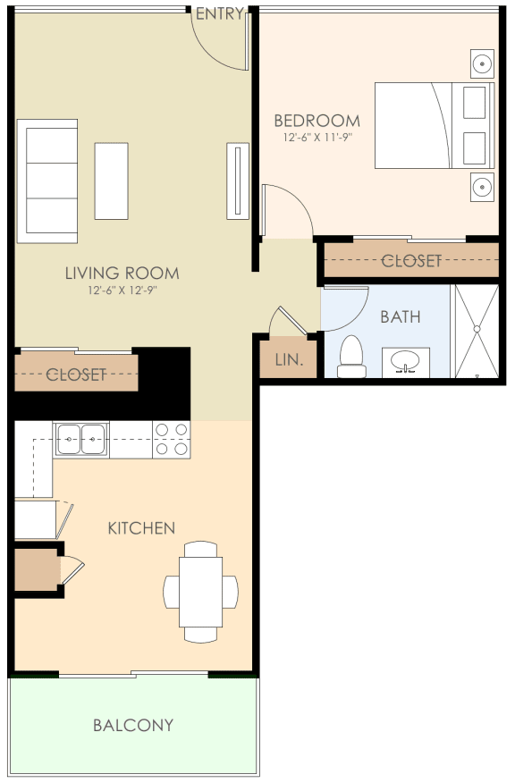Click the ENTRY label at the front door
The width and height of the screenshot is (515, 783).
coord(220,14)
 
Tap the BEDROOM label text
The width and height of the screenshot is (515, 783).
coord(317,121)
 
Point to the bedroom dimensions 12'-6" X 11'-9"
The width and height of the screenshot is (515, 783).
coord(317,138)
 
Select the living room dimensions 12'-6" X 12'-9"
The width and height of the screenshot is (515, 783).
coord(122,290)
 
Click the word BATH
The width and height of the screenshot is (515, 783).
coord(401,316)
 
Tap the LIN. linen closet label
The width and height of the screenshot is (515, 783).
coord(289,359)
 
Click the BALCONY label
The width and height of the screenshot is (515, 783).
coord(133,725)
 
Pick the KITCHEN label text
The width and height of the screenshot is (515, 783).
coord(141,528)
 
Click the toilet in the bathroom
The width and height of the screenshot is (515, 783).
coord(351,357)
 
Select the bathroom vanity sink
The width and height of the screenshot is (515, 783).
coord(406,362)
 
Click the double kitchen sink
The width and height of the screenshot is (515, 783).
coord(81,439)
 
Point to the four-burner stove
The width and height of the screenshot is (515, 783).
coord(172,440)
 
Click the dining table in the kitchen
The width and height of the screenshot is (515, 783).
coord(201,592)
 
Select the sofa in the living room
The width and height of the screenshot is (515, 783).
coord(47,181)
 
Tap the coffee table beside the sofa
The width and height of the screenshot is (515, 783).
coord(112,181)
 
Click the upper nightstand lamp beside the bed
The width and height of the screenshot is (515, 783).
coord(482,63)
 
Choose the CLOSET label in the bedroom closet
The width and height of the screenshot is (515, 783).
coord(411,260)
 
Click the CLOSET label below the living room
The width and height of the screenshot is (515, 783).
coord(76,374)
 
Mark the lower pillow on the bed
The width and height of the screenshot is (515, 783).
coord(474,148)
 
